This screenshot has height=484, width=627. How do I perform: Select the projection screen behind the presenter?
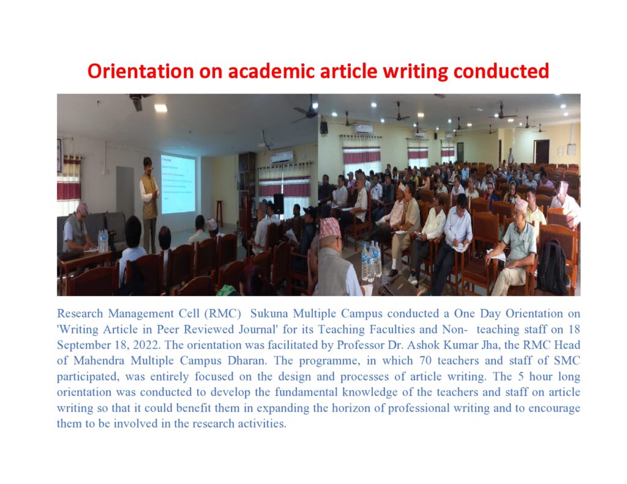178,184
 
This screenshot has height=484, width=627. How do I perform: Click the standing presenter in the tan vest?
149,204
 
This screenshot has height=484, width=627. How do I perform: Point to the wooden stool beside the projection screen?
219,214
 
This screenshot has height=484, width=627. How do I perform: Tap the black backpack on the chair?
552,268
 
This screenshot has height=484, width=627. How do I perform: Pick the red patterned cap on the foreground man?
330,228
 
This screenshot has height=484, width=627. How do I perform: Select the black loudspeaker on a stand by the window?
279,203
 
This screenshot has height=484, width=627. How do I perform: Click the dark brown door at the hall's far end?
543,152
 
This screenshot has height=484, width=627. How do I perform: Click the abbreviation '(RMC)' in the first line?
222,314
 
